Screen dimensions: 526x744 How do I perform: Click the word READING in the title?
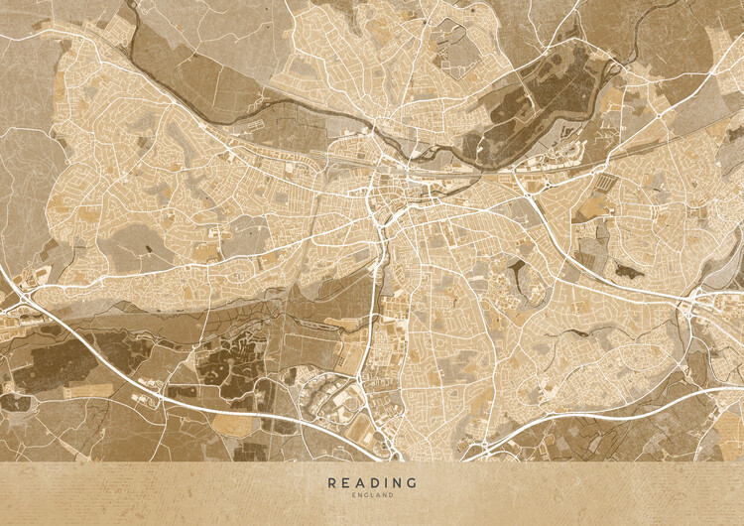(372, 483)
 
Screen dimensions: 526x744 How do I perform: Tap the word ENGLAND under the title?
(372, 495)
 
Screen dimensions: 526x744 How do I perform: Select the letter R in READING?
(330, 483)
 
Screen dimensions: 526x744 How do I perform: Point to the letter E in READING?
(344, 483)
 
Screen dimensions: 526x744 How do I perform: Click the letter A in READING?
(358, 483)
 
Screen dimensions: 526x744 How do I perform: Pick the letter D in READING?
(373, 483)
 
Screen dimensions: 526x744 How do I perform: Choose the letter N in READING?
(397, 483)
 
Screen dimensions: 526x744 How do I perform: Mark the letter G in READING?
(412, 483)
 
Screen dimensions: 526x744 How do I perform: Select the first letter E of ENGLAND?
(353, 495)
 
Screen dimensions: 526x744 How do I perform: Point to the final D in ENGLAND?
(391, 495)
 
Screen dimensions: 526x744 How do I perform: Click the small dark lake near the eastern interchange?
(628, 270)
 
